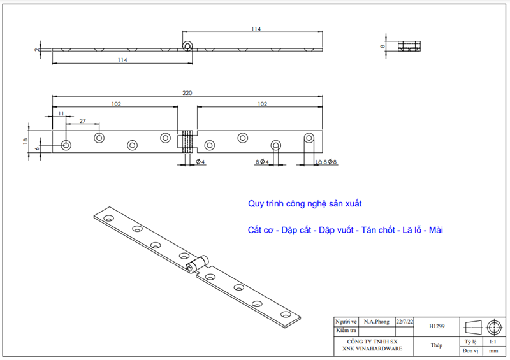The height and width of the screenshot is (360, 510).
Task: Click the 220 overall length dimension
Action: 187,93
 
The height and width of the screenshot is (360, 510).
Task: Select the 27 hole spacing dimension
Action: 83,120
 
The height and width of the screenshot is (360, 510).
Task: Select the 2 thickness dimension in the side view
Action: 38,48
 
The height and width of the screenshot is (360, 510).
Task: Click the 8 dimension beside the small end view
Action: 383,47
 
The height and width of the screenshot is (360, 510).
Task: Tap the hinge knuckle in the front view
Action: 186,140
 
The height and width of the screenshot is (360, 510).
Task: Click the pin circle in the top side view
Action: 187,46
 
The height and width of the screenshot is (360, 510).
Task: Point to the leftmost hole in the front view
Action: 66,145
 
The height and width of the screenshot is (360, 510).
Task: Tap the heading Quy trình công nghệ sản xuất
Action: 305,204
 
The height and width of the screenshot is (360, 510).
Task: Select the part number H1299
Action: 437,326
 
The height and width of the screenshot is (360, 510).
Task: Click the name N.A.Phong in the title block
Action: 377,322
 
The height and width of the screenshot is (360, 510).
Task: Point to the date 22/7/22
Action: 405,322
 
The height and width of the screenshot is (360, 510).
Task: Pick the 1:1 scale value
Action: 493,342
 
